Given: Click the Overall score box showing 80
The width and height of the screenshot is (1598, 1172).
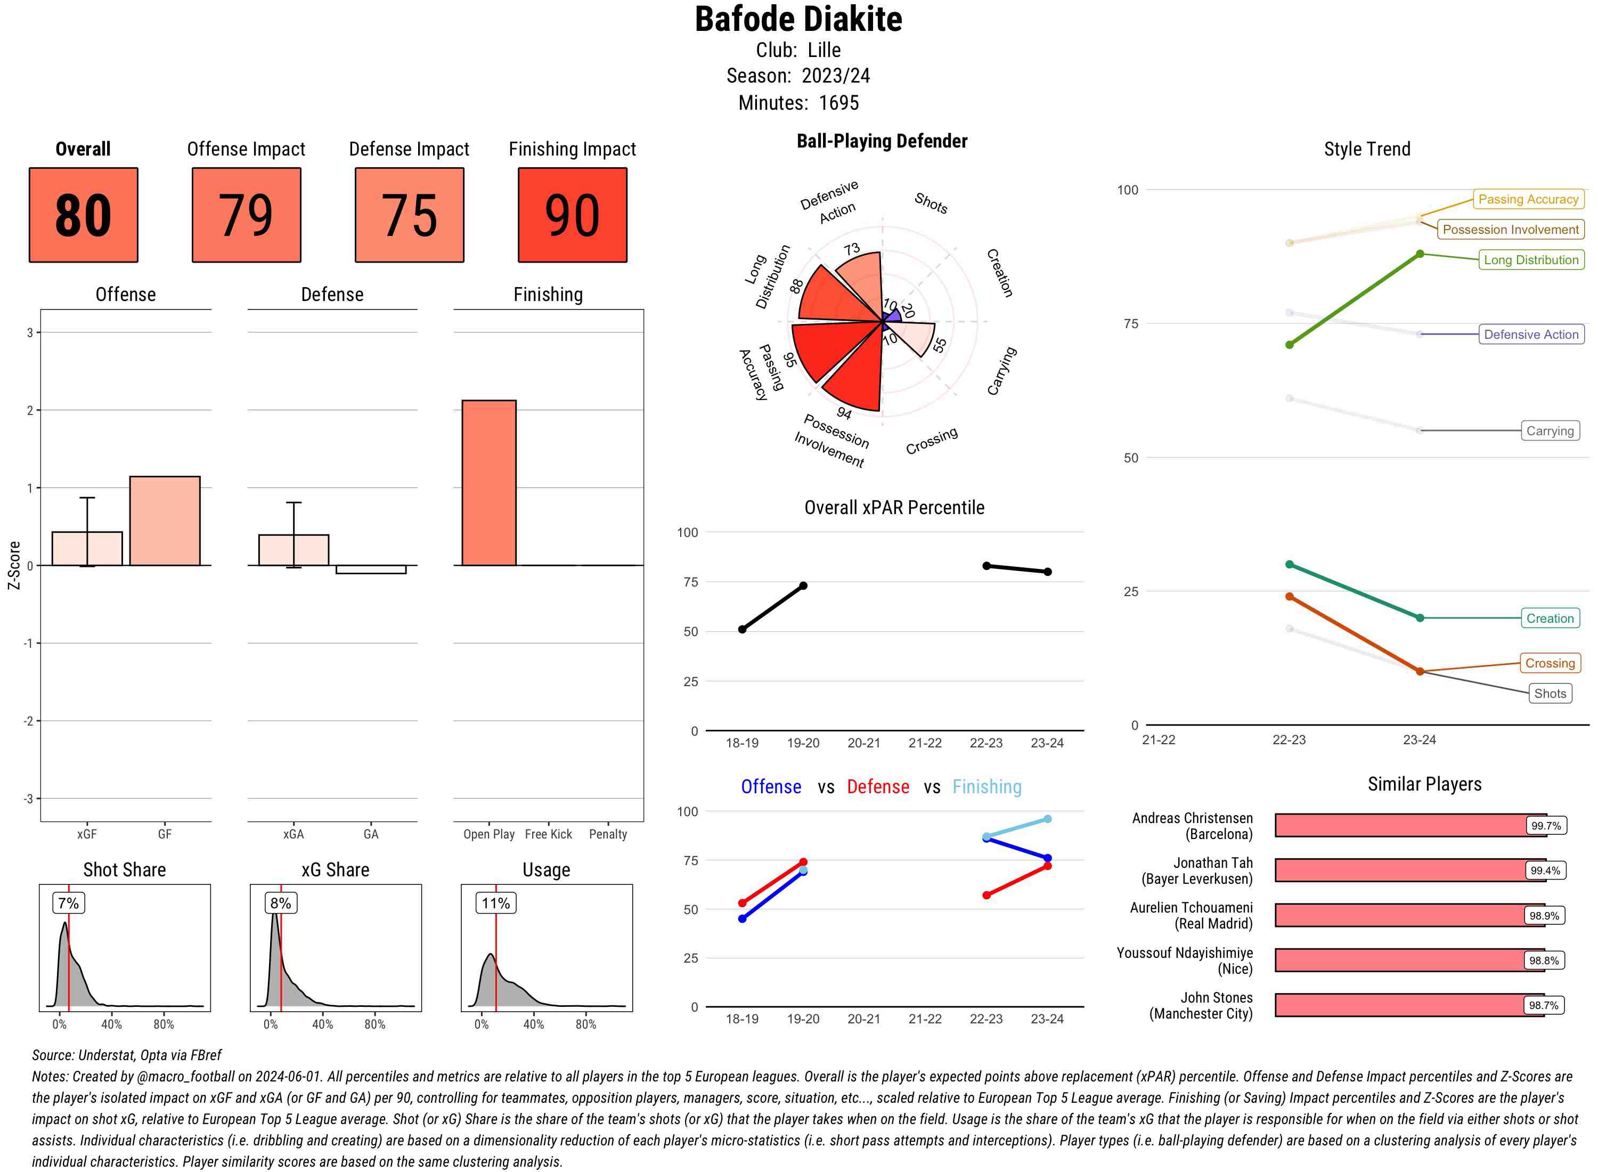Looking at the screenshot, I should tap(83, 215).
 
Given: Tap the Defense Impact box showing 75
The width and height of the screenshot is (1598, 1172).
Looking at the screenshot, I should tap(409, 215).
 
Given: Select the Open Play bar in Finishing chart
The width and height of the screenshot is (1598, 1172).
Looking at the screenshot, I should tap(488, 483).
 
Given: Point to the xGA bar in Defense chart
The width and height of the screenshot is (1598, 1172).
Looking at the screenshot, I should tap(293, 550).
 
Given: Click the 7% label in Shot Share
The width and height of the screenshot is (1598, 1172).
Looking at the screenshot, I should tap(68, 903).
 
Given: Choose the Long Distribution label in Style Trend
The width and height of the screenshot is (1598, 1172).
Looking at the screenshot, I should tap(1531, 259).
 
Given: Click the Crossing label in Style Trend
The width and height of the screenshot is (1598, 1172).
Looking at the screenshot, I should tap(1549, 663).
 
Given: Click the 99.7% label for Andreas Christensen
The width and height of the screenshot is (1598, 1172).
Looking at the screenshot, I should tap(1545, 825).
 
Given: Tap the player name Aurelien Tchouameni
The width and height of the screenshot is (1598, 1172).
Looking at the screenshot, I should tap(1191, 908).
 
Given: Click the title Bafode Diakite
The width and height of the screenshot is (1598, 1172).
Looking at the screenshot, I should tap(798, 20).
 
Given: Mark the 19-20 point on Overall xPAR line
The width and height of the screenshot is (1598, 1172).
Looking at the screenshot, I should tap(803, 585).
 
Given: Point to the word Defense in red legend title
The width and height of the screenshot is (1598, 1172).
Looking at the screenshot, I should tap(877, 787).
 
